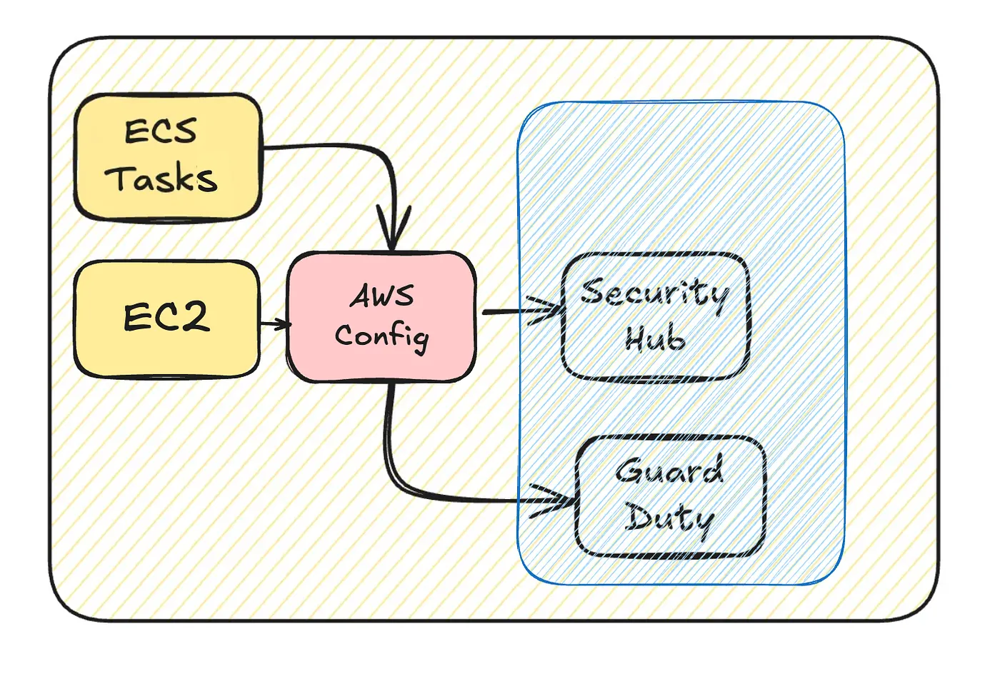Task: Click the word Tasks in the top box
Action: point(161,178)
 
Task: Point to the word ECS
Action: point(160,131)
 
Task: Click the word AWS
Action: point(381,296)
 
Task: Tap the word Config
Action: point(381,336)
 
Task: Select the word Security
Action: point(654,293)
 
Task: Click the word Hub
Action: point(654,338)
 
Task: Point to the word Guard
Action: point(669,471)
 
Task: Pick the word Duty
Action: point(669,518)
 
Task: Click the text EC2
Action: point(166,317)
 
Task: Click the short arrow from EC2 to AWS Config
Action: point(275,325)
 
